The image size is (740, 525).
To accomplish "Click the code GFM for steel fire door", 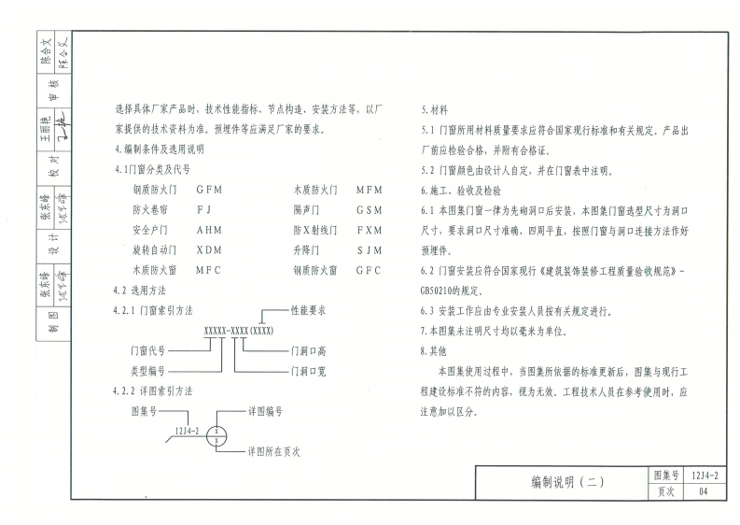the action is [209, 189].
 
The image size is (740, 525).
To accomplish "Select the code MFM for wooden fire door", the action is [370, 189].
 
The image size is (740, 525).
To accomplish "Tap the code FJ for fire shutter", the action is [205, 209].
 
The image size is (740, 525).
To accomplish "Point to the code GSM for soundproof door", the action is [370, 209].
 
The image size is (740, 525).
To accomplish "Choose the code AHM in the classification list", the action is [209, 230].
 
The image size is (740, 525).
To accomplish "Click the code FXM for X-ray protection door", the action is [370, 230].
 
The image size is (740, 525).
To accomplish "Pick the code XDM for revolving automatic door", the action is [209, 250].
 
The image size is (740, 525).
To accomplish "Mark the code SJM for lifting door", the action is [370, 250].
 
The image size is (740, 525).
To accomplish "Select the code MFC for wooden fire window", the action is [209, 271].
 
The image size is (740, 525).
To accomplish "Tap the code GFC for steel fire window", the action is [370, 271].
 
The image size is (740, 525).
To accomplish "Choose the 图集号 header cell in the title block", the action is [663, 475].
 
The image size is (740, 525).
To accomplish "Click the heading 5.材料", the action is [435, 108].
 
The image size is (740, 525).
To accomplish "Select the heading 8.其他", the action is [435, 351].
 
